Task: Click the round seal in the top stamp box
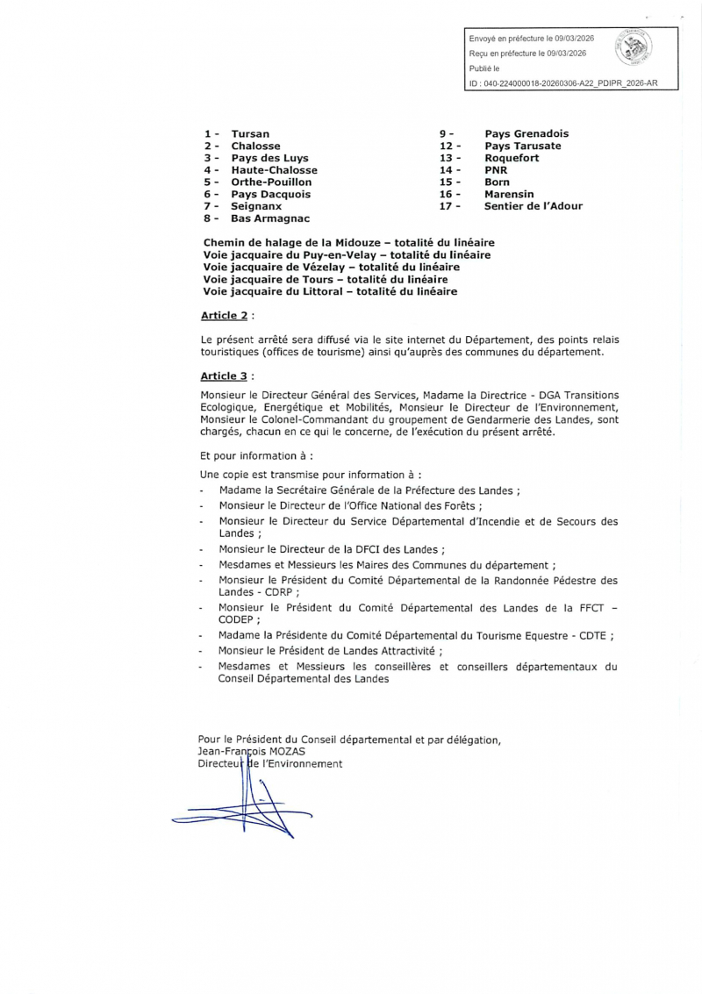coord(633,49)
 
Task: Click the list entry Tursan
coord(250,133)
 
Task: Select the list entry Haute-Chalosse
coord(274,170)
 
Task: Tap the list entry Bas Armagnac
coord(270,218)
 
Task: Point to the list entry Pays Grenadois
coord(526,133)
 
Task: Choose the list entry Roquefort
coord(512,158)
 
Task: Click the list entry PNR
coord(497,170)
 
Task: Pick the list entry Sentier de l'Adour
coord(533,206)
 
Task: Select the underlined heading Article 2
coord(225,313)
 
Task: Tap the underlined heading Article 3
coord(225,375)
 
